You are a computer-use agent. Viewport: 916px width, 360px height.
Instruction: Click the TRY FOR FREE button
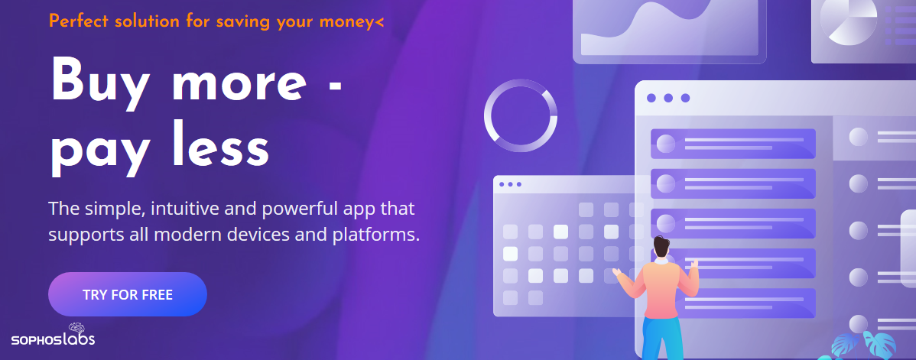(x=128, y=294)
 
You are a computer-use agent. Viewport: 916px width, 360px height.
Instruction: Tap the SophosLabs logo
(x=54, y=334)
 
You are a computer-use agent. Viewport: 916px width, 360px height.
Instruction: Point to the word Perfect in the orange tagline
(x=78, y=21)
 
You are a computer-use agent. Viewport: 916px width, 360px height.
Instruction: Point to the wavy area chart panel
(x=670, y=29)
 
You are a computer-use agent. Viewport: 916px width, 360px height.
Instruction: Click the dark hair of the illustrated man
(x=661, y=248)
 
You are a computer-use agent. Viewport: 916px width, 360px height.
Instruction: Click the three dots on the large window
(x=668, y=98)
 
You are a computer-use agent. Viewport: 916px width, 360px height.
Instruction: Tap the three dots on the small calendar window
(x=510, y=184)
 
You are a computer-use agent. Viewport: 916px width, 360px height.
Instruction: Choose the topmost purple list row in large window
(x=733, y=144)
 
